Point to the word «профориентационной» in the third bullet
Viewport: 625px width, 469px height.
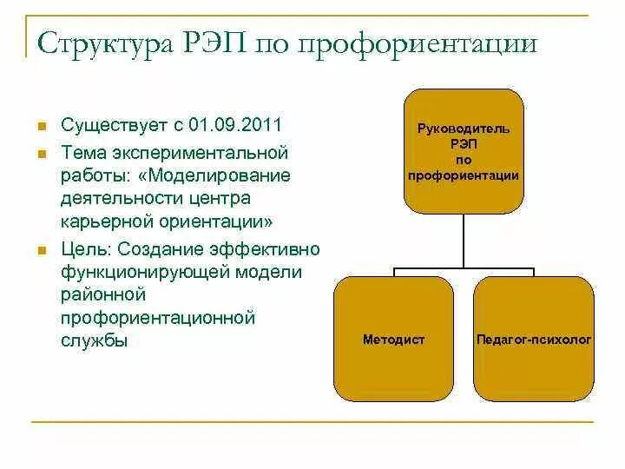[158, 318]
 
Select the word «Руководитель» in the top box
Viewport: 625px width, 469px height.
[464, 129]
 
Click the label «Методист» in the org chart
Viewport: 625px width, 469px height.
[393, 340]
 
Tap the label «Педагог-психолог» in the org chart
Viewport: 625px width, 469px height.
[533, 340]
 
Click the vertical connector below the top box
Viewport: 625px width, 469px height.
[464, 241]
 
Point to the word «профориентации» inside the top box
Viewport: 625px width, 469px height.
[464, 175]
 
